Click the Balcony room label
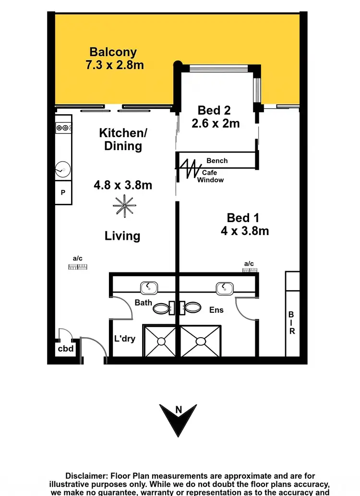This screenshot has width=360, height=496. [113, 52]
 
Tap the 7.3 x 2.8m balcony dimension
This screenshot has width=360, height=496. [114, 65]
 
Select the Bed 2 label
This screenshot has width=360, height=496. [214, 111]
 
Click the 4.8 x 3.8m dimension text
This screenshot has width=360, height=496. [123, 185]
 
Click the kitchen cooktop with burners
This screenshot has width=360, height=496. [64, 128]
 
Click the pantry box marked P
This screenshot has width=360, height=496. [63, 193]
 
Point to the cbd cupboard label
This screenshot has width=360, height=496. [66, 349]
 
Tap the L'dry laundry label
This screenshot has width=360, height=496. [124, 339]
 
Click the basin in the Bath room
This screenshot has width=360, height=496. [149, 288]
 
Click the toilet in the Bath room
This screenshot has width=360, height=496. [162, 308]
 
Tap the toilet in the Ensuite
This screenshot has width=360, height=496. [193, 308]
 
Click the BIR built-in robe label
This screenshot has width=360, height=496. [291, 323]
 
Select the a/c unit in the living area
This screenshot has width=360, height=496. [78, 266]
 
